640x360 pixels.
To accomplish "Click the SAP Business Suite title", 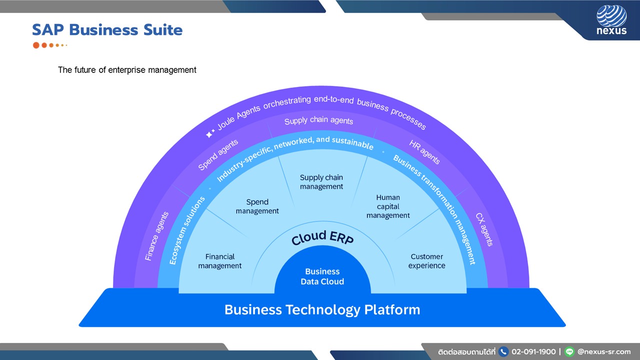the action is (107, 30).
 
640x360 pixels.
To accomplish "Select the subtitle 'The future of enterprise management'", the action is (127, 70).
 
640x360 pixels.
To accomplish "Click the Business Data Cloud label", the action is (322, 276).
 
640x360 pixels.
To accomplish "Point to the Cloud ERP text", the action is (322, 237).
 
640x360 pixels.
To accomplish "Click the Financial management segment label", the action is (219, 261).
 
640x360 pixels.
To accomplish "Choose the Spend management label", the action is (257, 206).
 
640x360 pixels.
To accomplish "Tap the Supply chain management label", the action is (321, 181).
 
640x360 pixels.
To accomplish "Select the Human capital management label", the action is (388, 206).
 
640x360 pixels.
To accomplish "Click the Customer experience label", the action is (426, 261).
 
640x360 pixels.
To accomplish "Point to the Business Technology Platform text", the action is (322, 310).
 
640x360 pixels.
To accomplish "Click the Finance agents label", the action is (156, 236).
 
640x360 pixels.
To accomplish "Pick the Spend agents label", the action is (218, 155).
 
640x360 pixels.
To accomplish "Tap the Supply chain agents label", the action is (318, 120).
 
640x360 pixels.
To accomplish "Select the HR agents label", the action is (424, 152).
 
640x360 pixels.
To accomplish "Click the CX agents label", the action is (484, 229).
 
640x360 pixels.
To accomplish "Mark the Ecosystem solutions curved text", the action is (187, 230).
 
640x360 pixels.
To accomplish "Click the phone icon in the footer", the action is (503, 351).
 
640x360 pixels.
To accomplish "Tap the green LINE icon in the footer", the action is (569, 351).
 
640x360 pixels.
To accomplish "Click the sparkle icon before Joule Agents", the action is (210, 133).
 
